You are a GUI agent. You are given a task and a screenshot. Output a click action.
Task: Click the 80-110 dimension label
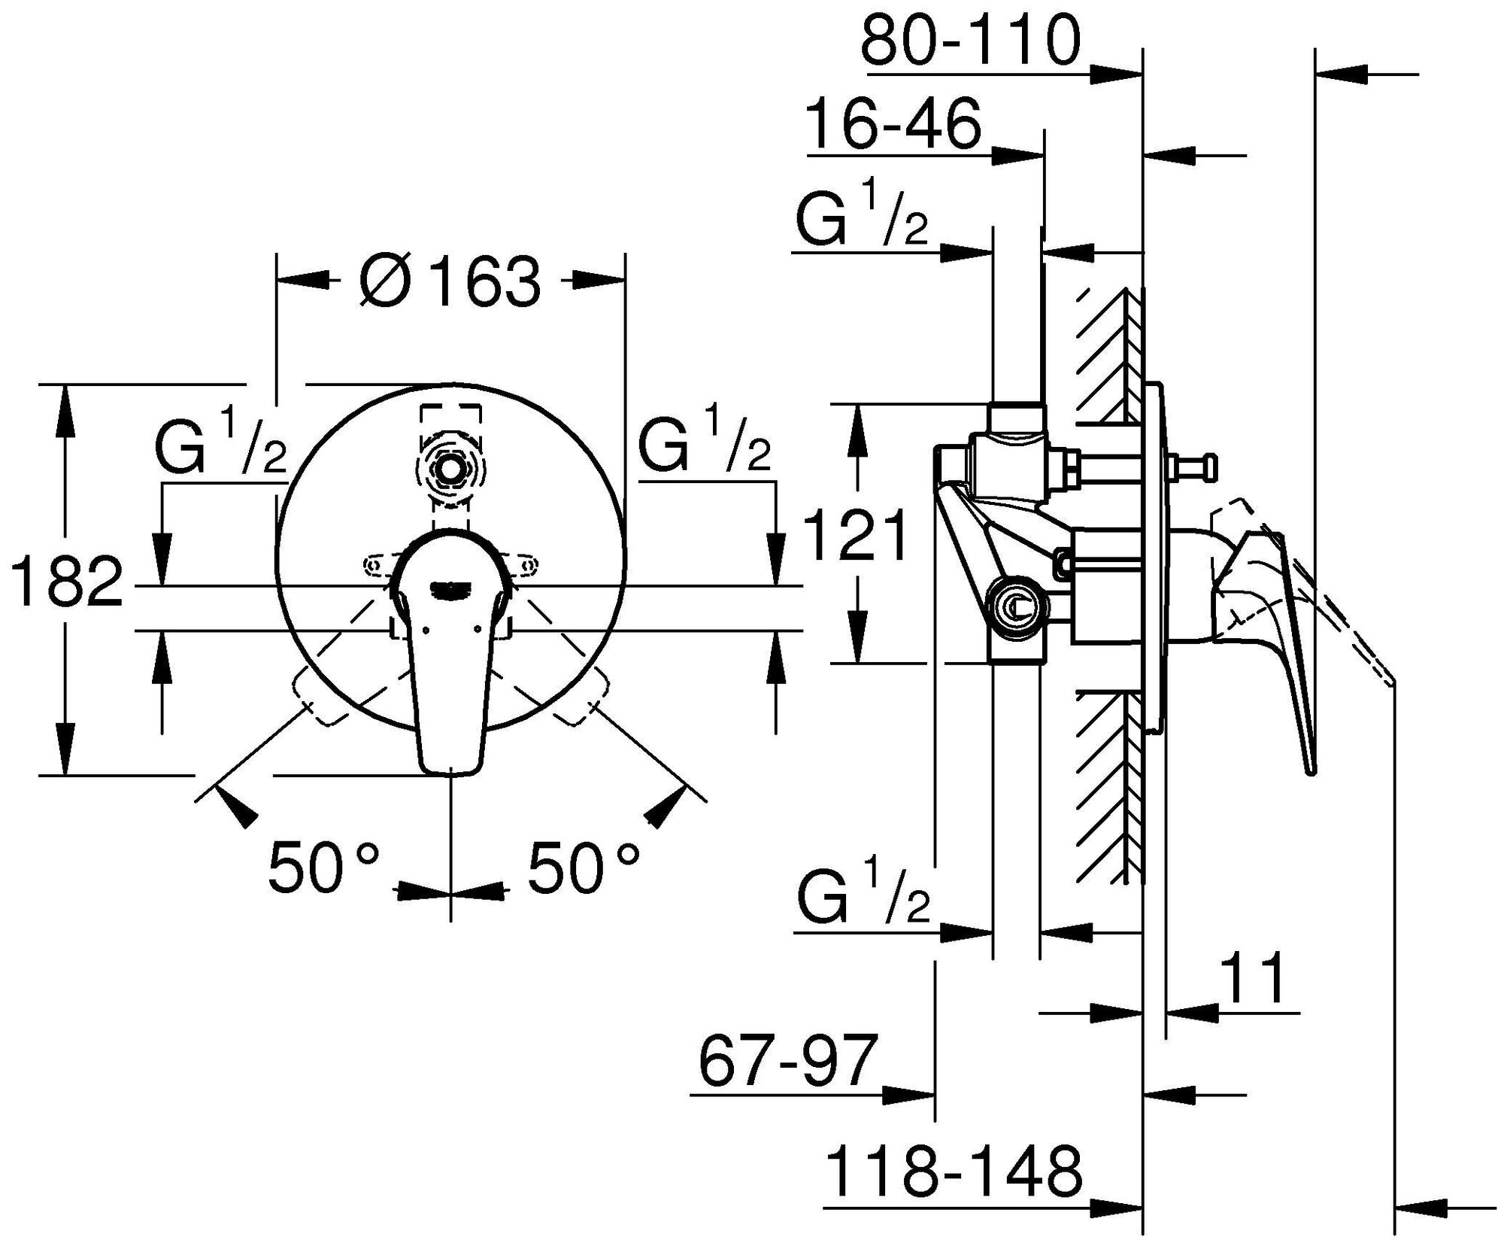(970, 41)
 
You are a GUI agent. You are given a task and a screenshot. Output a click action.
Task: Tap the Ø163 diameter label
(450, 282)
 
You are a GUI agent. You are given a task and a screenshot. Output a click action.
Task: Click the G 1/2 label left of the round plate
(220, 449)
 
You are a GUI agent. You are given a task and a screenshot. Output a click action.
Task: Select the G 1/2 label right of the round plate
(704, 449)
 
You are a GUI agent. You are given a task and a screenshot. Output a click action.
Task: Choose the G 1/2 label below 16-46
(862, 218)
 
